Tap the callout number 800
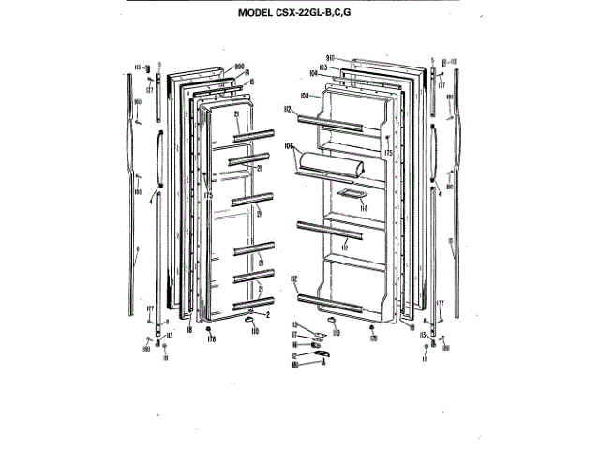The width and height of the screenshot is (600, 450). click(x=213, y=67)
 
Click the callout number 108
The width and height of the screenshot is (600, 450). click(x=305, y=95)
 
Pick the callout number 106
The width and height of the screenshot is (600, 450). click(x=290, y=146)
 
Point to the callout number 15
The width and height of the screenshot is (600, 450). click(x=251, y=82)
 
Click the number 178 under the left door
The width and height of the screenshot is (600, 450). click(x=211, y=338)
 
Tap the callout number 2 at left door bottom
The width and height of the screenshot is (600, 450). click(x=267, y=315)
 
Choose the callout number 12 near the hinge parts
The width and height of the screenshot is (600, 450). click(x=293, y=354)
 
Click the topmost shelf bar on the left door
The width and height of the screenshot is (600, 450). click(x=252, y=137)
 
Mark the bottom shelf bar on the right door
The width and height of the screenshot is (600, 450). click(x=328, y=297)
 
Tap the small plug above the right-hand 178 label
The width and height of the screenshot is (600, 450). click(x=372, y=328)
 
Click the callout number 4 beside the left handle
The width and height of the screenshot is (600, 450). click(x=139, y=249)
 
